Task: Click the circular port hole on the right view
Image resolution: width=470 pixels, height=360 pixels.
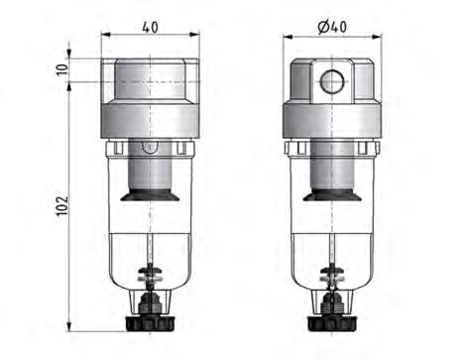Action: coord(329,80)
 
